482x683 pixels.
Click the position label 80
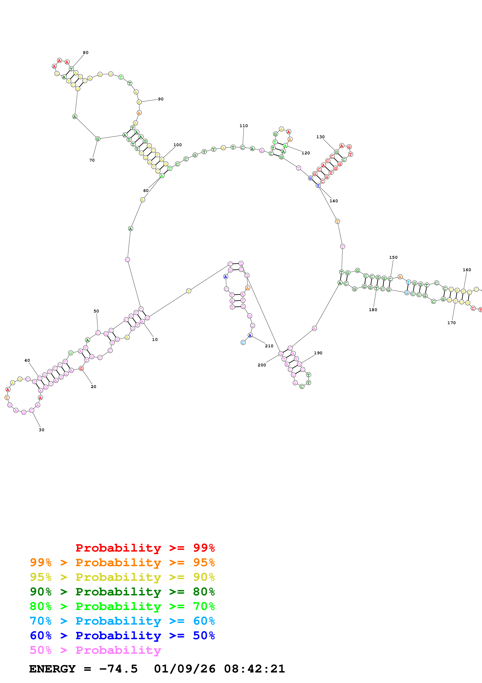(x=86, y=53)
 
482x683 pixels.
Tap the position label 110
(x=243, y=126)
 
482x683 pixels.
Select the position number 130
(x=320, y=137)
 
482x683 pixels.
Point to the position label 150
(x=393, y=258)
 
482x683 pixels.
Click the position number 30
(x=42, y=430)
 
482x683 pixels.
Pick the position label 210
(x=269, y=346)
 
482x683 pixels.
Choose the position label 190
(x=318, y=353)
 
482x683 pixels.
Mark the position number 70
(x=92, y=160)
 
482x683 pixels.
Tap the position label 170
(x=451, y=323)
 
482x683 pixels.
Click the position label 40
(x=27, y=361)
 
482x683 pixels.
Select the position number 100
(x=178, y=145)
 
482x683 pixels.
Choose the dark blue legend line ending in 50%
(x=122, y=636)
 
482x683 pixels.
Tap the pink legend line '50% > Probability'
(x=95, y=650)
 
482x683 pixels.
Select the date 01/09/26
(x=185, y=669)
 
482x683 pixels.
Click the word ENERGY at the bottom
(x=52, y=669)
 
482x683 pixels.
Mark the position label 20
(x=94, y=387)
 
